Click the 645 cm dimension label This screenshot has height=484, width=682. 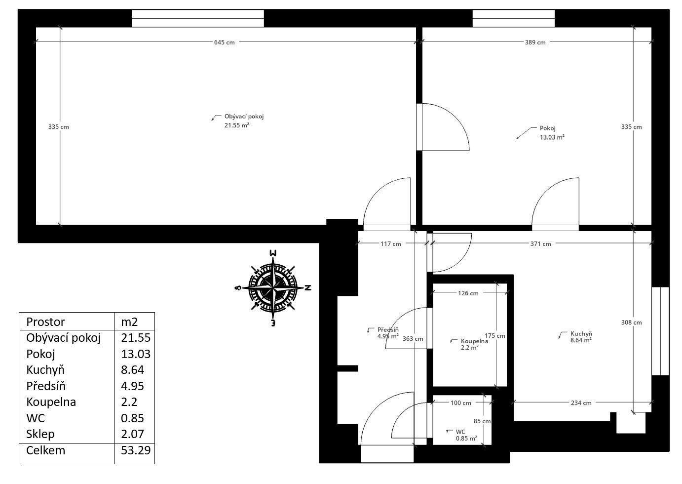point(224,42)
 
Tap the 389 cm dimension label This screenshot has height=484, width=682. point(535,42)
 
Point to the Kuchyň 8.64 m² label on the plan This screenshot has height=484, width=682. point(581,336)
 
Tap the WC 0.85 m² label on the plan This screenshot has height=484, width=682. point(465,435)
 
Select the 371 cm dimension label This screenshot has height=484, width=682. point(540,243)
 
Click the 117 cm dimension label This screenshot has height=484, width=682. point(390,243)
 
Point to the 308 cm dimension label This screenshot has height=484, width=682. point(631,323)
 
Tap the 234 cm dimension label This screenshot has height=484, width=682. point(581,403)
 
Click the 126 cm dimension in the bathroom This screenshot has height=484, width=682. point(468,293)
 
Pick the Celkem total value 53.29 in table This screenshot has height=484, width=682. point(135,450)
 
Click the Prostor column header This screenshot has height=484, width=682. point(45,322)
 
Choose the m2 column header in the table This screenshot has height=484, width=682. point(129,322)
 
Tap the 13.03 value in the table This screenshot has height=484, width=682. point(135,354)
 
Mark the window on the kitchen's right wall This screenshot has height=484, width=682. point(660,331)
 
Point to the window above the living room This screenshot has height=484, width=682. point(198,18)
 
